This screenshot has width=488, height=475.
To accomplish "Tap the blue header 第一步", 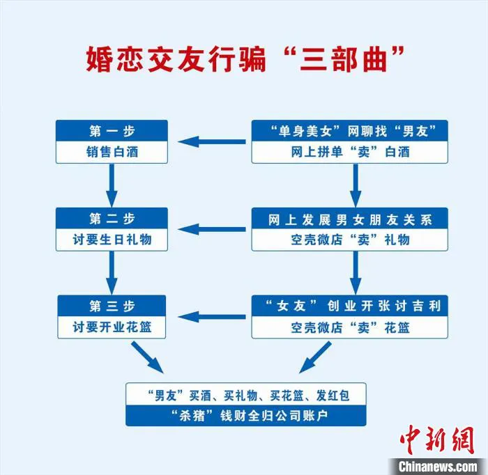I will click(x=112, y=130).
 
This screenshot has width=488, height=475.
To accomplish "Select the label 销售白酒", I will click(x=112, y=152).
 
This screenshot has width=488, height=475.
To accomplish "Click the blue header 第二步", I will click(x=112, y=218).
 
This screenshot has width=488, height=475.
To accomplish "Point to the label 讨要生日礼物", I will click(x=112, y=240).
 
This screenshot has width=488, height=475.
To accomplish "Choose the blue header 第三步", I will click(x=112, y=305).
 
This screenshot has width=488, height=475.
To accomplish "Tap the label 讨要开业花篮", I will click(x=112, y=327).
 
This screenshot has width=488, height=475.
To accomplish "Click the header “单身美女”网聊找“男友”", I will click(x=349, y=130).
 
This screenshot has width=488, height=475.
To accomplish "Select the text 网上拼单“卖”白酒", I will click(x=349, y=152).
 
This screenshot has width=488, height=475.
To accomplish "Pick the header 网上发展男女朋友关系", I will click(x=349, y=218).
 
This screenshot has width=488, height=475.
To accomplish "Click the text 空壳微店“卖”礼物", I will click(x=349, y=240).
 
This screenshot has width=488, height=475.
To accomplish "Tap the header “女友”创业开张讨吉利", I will click(x=349, y=305).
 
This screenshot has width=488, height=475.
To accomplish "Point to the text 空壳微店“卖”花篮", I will click(x=349, y=327).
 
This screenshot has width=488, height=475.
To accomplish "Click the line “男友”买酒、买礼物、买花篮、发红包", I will click(x=245, y=395).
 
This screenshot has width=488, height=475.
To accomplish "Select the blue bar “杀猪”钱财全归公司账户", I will click(x=245, y=416).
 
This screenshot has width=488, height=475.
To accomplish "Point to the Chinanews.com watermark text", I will click(x=438, y=465).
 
